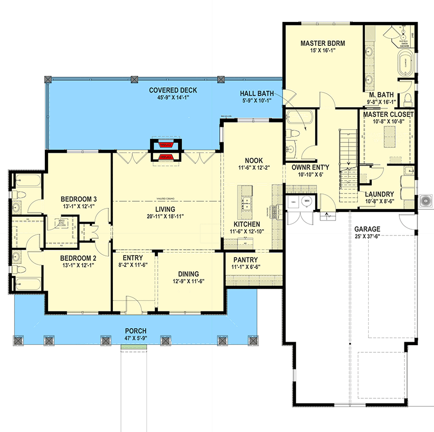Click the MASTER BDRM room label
click(x=323, y=44)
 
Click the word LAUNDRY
click(x=379, y=195)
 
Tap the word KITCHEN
click(x=247, y=224)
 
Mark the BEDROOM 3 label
click(x=79, y=199)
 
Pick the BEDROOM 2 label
click(x=79, y=258)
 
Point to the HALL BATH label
click(x=257, y=94)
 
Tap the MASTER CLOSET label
click(x=389, y=115)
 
